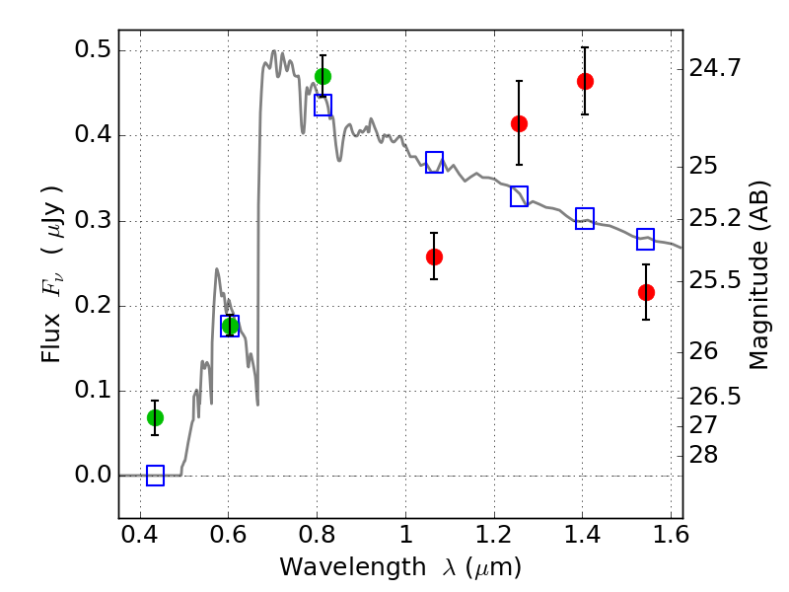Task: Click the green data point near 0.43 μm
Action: (155, 417)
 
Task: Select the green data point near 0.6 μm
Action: (231, 326)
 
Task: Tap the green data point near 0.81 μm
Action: (323, 76)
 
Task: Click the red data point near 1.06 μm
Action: (434, 257)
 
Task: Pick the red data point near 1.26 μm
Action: (519, 123)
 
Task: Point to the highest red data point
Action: (585, 81)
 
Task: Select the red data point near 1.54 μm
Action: (646, 292)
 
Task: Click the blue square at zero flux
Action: (155, 476)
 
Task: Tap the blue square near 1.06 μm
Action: (434, 163)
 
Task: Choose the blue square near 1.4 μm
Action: (585, 219)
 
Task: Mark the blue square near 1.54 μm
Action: (646, 239)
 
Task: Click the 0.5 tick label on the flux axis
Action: (94, 50)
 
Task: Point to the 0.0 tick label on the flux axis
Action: (94, 476)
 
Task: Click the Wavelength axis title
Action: (399, 567)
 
